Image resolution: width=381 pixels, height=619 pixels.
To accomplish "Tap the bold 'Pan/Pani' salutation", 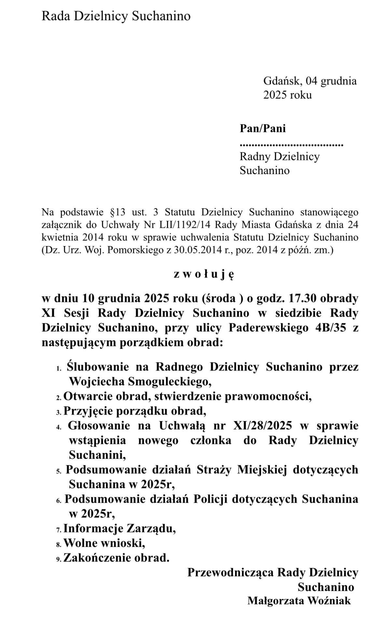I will point(262,128).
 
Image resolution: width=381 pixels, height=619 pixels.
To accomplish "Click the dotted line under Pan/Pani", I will point(291,144).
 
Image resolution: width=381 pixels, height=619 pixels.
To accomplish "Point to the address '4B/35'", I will point(329,328).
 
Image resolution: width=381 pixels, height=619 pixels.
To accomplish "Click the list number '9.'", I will point(59,559).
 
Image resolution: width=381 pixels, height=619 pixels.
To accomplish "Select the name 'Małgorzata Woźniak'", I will point(299,600).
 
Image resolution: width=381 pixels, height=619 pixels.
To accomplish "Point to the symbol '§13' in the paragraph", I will point(116,212).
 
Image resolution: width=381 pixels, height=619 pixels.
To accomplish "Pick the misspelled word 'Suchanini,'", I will point(97,455).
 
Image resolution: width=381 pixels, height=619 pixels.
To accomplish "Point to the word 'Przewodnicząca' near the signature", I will point(230,572).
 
